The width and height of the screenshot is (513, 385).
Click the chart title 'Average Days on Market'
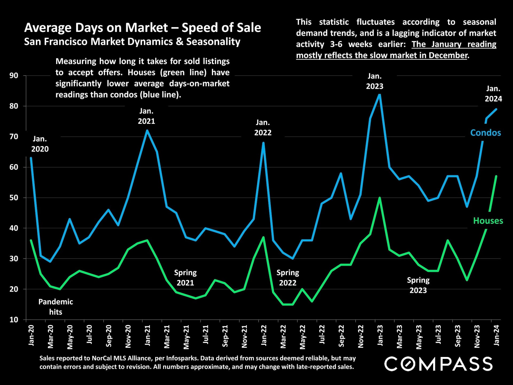pyautogui.click(x=142, y=28)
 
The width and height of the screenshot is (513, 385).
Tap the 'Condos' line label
pyautogui.click(x=485, y=133)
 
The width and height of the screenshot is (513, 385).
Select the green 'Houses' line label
pyautogui.click(x=488, y=221)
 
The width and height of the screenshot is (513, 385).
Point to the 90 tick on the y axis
pyautogui.click(x=14, y=76)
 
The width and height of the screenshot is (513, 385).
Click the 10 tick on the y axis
pyautogui.click(x=14, y=320)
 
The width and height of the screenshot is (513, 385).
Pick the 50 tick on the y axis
pyautogui.click(x=14, y=198)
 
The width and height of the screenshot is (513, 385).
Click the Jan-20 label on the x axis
pyautogui.click(x=31, y=336)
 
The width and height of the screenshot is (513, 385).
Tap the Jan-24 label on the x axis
pyautogui.click(x=496, y=336)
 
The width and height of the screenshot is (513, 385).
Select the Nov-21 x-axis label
pyautogui.click(x=244, y=337)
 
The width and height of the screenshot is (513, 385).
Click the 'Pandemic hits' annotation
pyautogui.click(x=56, y=307)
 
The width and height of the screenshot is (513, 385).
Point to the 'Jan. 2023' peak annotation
pyautogui.click(x=375, y=81)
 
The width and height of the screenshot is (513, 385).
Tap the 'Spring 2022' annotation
pyautogui.click(x=288, y=278)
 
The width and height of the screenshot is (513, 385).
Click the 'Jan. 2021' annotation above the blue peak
pyautogui.click(x=146, y=116)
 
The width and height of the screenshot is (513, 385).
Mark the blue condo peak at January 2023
pyautogui.click(x=380, y=95)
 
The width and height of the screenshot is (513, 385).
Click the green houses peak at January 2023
pyautogui.click(x=380, y=198)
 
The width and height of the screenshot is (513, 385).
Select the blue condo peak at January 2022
pyautogui.click(x=263, y=143)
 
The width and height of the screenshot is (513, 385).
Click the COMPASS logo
pyautogui.click(x=438, y=364)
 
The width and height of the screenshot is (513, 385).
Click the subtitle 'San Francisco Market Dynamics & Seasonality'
pyautogui.click(x=132, y=42)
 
